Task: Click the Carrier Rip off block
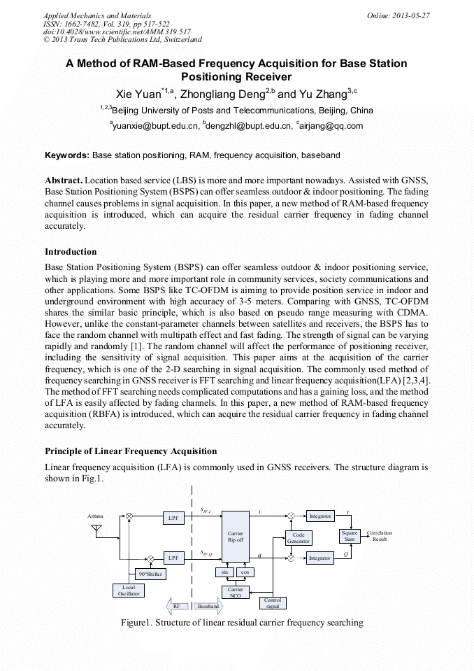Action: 236,537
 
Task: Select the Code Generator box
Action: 299,538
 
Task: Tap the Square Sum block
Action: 349,536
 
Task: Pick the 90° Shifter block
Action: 150,574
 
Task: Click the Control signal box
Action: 272,603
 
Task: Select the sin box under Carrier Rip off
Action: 225,572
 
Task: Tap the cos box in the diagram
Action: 245,572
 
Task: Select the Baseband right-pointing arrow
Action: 209,605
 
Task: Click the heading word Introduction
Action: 71,252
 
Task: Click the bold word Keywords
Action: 67,155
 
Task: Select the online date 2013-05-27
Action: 412,15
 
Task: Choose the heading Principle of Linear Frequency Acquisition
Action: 131,451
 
